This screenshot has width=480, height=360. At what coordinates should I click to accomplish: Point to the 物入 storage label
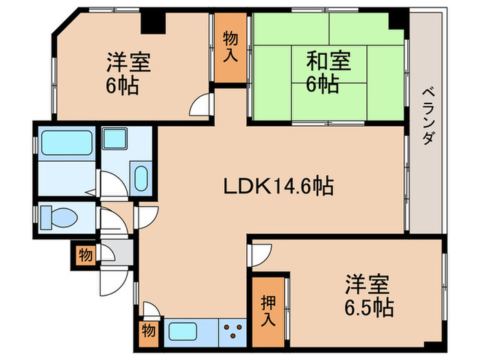click(x=230, y=47)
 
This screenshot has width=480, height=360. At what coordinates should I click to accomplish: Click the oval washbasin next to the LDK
click(x=141, y=178)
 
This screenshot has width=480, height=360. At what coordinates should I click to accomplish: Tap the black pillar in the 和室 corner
click(x=397, y=21)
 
